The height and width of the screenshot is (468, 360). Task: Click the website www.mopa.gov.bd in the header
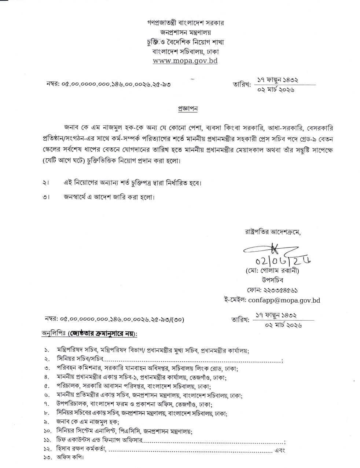point(185,61)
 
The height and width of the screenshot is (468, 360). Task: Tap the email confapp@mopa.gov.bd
point(284,300)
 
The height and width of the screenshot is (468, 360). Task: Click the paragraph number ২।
point(46,183)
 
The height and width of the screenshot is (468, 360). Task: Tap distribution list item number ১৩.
point(47,458)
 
